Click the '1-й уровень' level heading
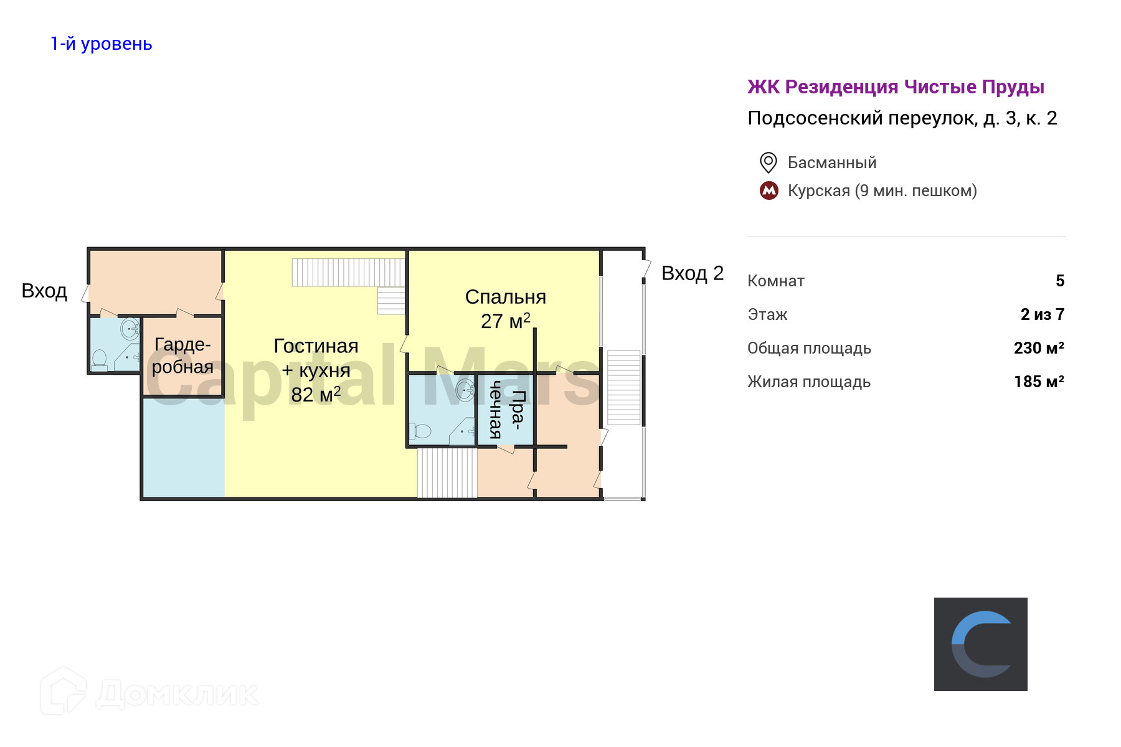coord(101,44)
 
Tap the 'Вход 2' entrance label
coord(692,273)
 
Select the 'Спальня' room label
coord(505,297)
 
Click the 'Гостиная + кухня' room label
coord(316,358)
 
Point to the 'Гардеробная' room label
coord(182,355)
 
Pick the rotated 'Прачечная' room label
coord(506,410)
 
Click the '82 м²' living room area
coord(315,394)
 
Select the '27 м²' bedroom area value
coord(505,321)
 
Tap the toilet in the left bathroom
coord(100,359)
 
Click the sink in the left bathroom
coord(130,328)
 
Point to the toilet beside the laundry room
coord(421,431)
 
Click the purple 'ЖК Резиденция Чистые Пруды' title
coord(896,87)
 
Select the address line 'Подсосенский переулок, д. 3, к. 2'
coord(902,118)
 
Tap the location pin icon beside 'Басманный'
coord(769,162)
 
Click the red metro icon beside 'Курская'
coord(769,190)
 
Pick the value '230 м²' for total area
coord(1038,348)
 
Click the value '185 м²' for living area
coord(1038,382)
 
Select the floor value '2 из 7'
coord(1042,314)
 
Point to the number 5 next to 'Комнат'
coord(1059,281)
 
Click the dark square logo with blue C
coord(980,644)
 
